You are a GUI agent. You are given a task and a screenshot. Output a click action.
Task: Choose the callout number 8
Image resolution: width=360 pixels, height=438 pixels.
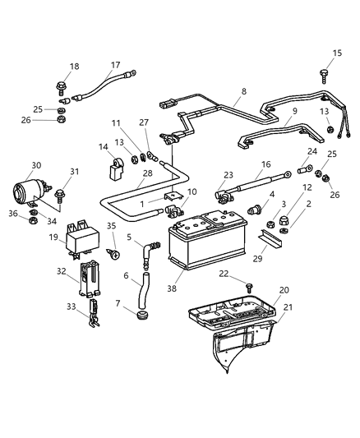242,93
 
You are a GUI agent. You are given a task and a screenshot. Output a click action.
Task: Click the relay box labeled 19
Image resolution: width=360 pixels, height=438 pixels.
84,233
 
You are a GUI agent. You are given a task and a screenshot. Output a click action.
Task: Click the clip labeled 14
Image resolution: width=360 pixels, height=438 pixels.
116,171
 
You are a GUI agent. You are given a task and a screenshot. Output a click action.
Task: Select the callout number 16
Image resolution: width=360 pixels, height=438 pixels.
265,164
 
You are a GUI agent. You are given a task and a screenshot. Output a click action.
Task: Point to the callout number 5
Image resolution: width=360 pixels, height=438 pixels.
129,237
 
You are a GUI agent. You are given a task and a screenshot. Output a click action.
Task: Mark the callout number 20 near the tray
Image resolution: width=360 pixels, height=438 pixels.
284,290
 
